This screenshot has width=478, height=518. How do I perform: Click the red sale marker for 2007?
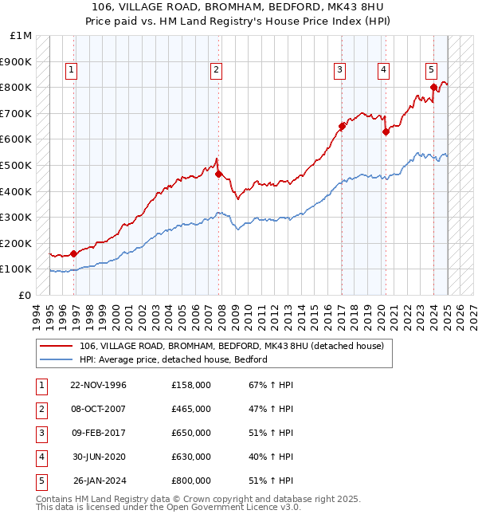click(217, 174)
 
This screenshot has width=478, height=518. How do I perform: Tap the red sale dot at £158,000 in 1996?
click(74, 253)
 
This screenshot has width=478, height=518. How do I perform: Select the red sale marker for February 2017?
click(342, 126)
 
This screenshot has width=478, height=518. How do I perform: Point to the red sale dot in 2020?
click(386, 131)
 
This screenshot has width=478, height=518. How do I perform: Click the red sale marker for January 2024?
click(433, 87)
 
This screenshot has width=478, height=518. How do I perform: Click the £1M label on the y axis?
click(22, 36)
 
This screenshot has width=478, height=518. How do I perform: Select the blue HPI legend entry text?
click(173, 359)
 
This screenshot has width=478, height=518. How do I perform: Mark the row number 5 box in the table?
click(40, 481)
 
